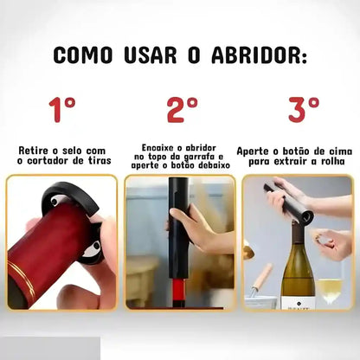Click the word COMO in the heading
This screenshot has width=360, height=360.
[83, 55]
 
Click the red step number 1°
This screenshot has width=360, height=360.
[61, 110]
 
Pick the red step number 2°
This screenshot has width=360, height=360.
[181, 110]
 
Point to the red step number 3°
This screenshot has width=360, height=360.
[302, 110]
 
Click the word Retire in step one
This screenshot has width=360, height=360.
[35, 150]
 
